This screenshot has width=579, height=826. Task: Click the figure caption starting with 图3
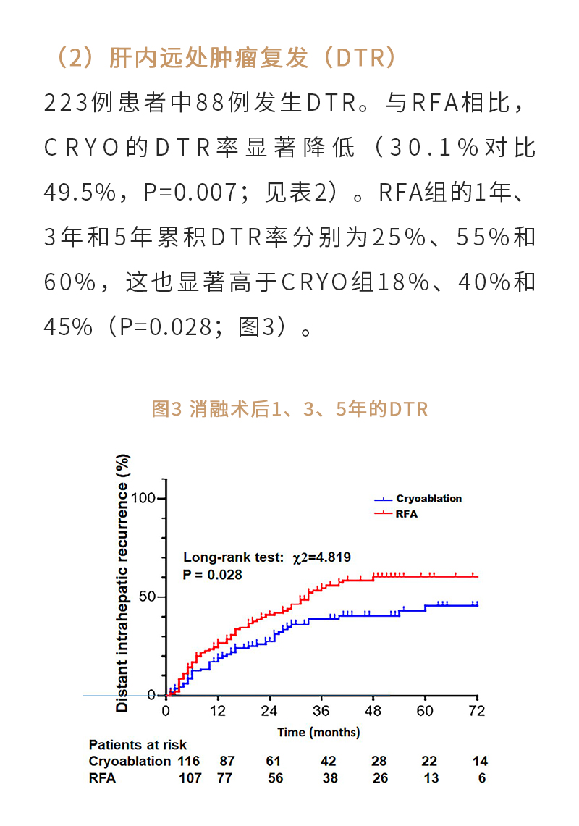tap(289, 409)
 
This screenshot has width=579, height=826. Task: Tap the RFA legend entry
tap(407, 514)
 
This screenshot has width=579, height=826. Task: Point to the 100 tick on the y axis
tap(145, 499)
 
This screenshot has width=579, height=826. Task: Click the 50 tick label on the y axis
tap(149, 597)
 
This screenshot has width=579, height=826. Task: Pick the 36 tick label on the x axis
tap(321, 711)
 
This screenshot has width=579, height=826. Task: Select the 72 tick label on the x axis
tap(477, 711)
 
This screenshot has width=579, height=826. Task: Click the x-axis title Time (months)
tap(318, 732)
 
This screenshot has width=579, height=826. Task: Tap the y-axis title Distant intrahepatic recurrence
tap(122, 583)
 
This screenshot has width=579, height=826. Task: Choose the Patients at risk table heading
tap(138, 745)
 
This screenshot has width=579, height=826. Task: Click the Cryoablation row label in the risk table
tap(130, 762)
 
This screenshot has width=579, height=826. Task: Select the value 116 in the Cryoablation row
tap(189, 762)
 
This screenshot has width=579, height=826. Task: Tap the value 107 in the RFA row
tap(191, 779)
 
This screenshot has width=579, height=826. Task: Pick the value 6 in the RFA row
tap(482, 779)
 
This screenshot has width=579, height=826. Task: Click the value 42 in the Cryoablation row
tap(329, 762)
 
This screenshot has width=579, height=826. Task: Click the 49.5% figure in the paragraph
tap(80, 191)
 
